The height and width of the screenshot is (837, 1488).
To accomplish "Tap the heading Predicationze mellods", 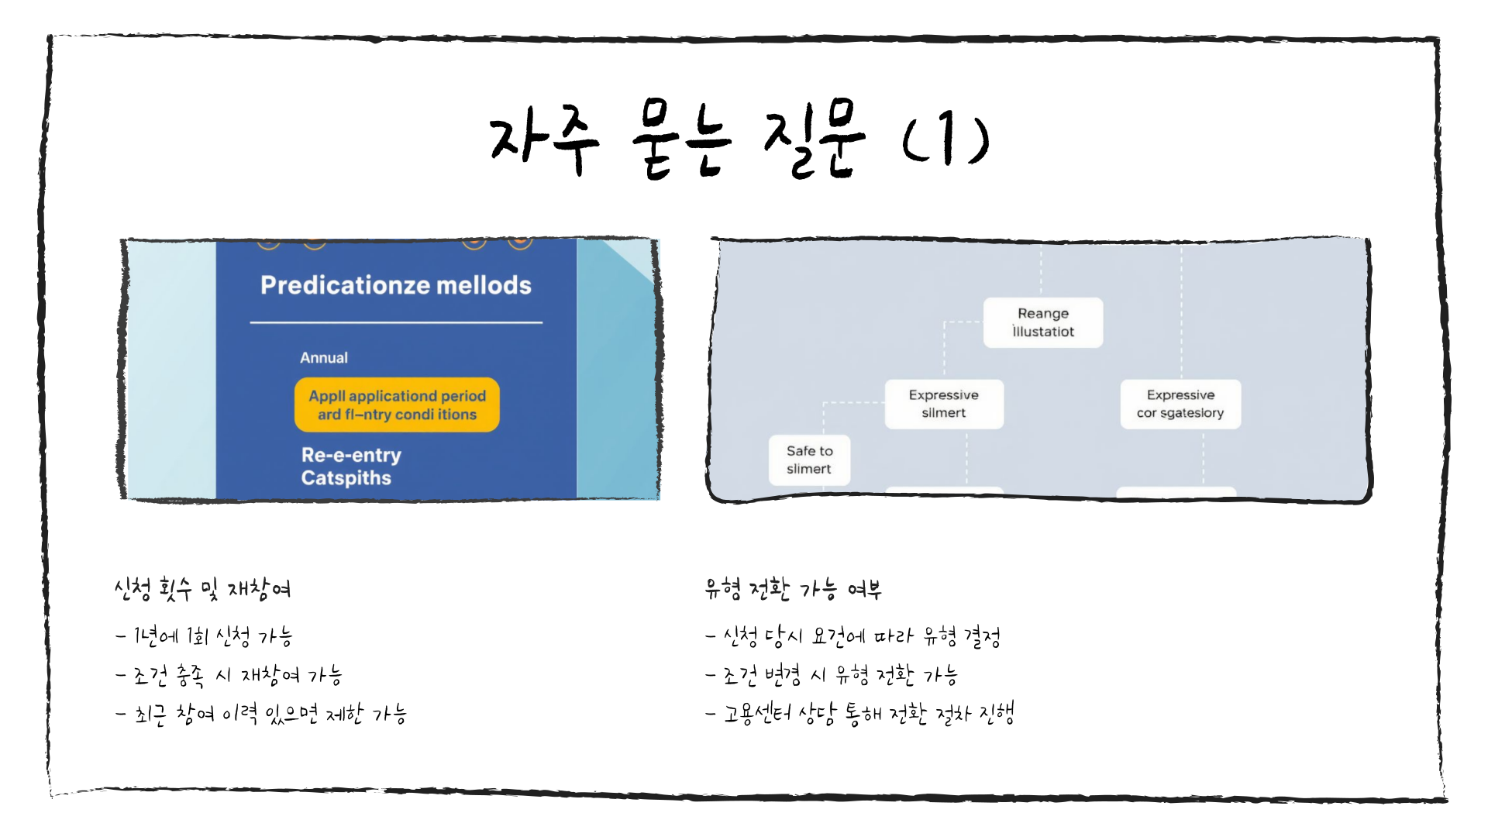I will tap(396, 285).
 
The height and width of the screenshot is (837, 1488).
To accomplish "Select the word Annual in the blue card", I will tap(324, 357).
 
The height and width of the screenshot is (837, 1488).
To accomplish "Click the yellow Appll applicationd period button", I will tap(397, 405).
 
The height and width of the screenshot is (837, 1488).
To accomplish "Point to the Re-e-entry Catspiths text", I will tap(351, 467).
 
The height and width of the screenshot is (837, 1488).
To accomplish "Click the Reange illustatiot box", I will tap(1042, 322).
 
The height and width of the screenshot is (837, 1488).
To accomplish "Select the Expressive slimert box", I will tap(944, 404).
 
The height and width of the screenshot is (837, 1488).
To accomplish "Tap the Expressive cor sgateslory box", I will tap(1180, 404).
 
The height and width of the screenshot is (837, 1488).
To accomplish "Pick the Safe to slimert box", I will tap(809, 460).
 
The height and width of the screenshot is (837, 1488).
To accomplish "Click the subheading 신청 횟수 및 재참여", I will tap(202, 590).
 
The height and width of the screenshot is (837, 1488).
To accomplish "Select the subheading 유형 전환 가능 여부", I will tap(793, 590).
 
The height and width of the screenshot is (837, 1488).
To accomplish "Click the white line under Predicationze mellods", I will tap(396, 322).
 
